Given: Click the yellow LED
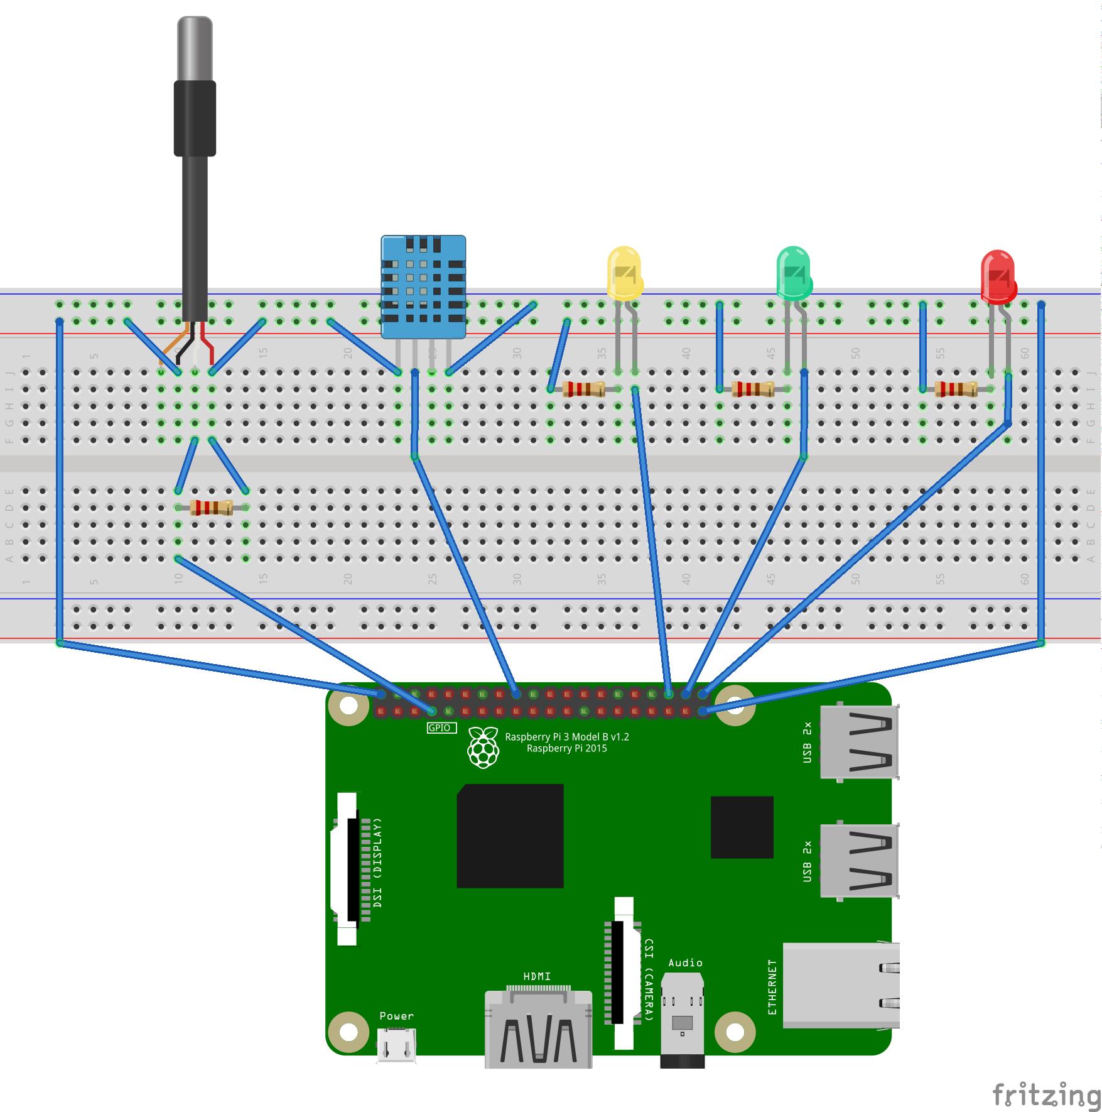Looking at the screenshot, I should point(624,273).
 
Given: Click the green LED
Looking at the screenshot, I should point(794,273).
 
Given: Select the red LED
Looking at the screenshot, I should point(998,276).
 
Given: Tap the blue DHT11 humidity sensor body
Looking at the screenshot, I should point(423,286).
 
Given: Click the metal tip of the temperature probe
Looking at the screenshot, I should point(195,48).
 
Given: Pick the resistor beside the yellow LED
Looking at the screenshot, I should point(584,390).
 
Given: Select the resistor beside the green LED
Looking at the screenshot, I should point(753,390).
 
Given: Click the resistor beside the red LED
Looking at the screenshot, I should point(956,390).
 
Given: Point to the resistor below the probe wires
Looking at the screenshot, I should point(212,508).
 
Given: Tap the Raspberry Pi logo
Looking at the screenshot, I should point(483,747).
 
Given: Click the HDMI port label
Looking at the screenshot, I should point(537,976).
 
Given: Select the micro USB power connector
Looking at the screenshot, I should point(396,1045).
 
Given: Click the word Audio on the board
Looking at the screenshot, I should point(685,963).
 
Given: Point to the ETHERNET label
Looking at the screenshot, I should point(772,986).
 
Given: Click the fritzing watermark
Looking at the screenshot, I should point(1045,1095).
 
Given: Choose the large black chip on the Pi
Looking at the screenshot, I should point(510,836).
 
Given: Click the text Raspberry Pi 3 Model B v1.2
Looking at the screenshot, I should point(566,737).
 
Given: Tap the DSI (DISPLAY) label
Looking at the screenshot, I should point(377,862).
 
